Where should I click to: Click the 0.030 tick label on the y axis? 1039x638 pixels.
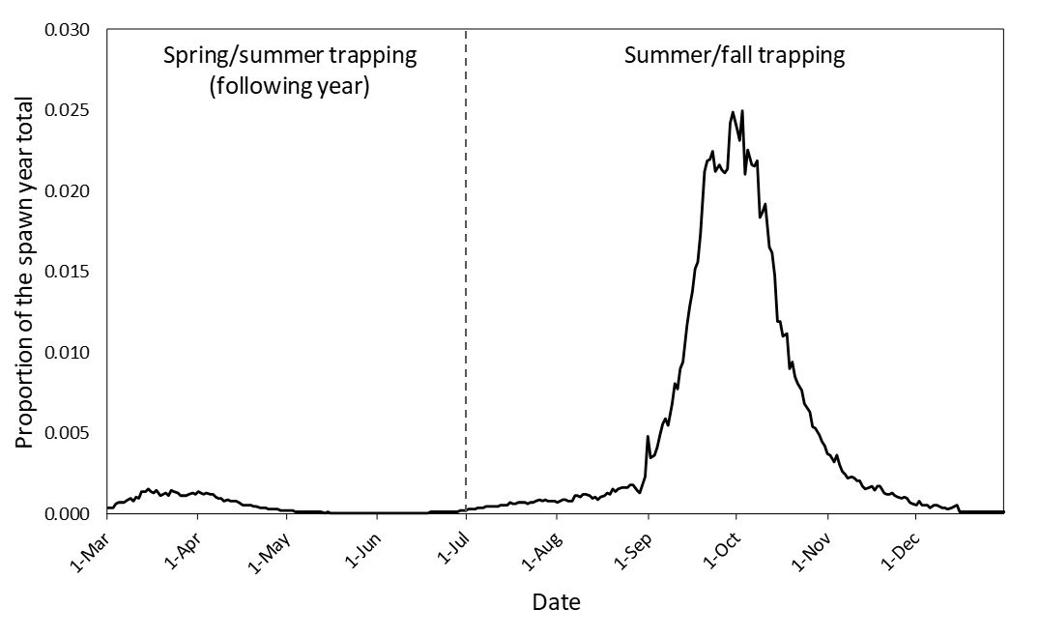[x=69, y=30]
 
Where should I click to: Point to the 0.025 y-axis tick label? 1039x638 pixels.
[x=69, y=110]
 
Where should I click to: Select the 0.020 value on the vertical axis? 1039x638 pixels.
[x=69, y=190]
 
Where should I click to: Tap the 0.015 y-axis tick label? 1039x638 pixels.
[x=69, y=272]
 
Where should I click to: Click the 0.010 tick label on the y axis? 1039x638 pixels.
[x=69, y=352]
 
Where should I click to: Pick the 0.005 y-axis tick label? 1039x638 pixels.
[x=69, y=432]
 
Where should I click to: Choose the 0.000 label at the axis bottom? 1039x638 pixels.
[x=69, y=513]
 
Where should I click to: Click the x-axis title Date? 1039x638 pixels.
[x=556, y=603]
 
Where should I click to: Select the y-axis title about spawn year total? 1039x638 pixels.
[x=24, y=273]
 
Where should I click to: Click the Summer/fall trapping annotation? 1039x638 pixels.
[x=735, y=55]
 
